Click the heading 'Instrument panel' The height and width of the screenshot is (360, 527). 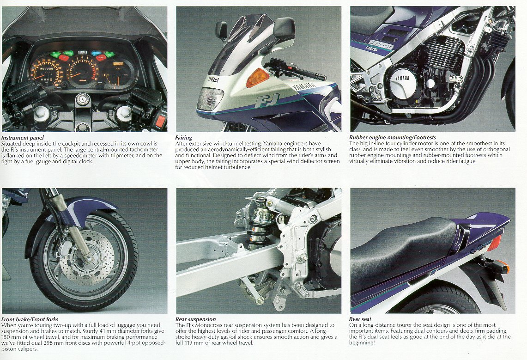[x=23, y=137]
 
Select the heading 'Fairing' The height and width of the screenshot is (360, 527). [x=183, y=137]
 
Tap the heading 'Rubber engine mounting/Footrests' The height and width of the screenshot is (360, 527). [x=393, y=137]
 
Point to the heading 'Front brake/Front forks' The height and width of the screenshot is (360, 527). [x=30, y=319]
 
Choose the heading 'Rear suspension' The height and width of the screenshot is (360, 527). [x=196, y=319]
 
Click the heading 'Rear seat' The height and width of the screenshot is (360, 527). [x=360, y=319]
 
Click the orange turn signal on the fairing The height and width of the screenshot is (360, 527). [x=257, y=78]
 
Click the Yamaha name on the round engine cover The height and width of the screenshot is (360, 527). [x=402, y=78]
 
